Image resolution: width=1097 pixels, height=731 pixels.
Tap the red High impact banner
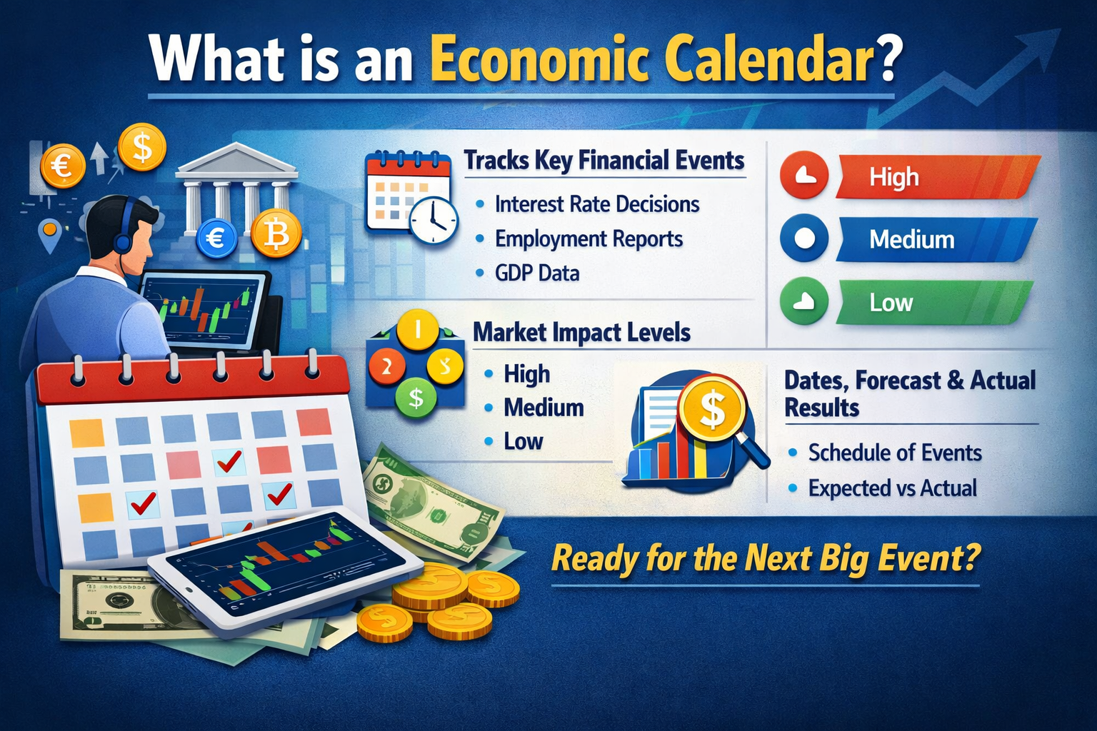[936, 176]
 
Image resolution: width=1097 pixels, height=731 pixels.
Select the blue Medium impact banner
[936, 239]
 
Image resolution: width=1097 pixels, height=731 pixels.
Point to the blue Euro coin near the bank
[216, 237]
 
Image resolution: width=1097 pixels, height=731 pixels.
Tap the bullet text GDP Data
[536, 273]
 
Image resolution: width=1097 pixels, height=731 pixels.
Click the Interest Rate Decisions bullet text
[596, 204]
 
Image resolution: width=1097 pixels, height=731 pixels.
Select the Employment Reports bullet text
[588, 239]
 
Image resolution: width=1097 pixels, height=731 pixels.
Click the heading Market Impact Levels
[581, 333]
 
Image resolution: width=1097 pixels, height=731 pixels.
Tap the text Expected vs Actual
[892, 488]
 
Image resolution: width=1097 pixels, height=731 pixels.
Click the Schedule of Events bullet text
[894, 453]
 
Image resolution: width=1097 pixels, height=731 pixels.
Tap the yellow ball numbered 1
[418, 331]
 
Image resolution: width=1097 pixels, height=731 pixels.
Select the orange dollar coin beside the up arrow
[142, 148]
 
